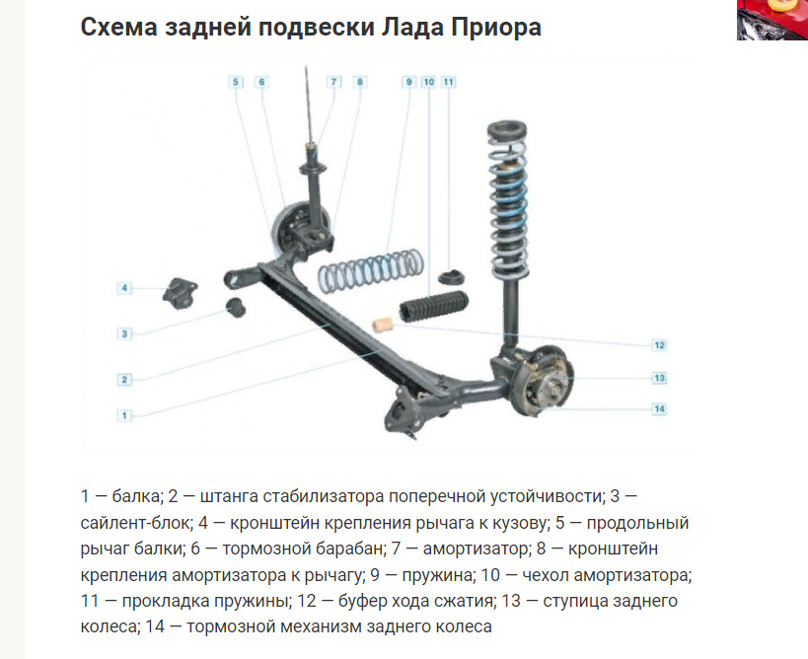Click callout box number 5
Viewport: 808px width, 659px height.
(236, 82)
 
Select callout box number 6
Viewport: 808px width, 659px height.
(261, 82)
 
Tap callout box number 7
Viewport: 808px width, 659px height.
(333, 82)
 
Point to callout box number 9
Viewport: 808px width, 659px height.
(408, 82)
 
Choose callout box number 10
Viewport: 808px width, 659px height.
(429, 82)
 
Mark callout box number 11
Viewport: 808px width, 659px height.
(449, 82)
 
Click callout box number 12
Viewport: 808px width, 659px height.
(660, 345)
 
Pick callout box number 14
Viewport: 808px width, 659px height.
(660, 409)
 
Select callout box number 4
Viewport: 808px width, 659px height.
(124, 288)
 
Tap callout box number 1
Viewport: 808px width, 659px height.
(124, 415)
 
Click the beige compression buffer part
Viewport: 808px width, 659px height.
(383, 326)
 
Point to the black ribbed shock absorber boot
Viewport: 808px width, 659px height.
(434, 306)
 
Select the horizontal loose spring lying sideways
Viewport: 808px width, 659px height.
(371, 269)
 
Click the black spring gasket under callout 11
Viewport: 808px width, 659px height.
(452, 277)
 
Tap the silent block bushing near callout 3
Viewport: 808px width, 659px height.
(236, 307)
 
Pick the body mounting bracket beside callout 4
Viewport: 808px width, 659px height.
(181, 293)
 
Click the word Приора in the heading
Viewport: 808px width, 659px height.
(496, 27)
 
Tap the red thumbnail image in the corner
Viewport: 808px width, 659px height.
(772, 20)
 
